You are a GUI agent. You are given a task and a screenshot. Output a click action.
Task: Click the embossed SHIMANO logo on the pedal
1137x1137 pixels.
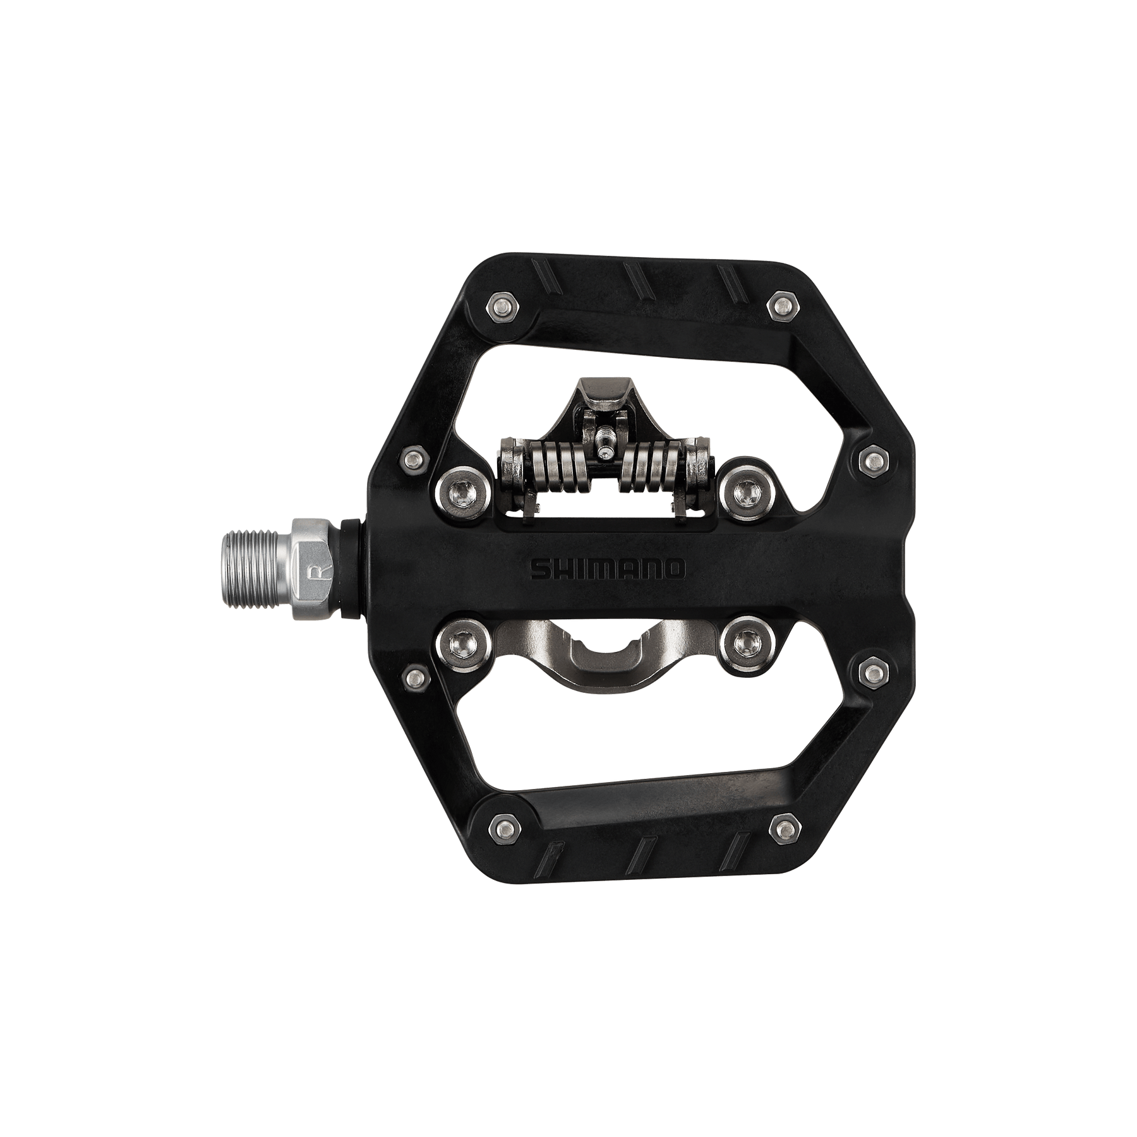click(607, 568)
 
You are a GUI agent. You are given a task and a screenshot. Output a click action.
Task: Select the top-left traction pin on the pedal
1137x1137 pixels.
click(503, 306)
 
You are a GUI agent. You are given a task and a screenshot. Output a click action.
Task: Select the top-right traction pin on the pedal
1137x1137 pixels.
click(783, 306)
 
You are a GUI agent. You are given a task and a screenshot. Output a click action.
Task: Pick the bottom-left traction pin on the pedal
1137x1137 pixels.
click(503, 825)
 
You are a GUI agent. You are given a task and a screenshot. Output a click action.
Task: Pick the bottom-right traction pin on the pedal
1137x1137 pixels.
click(783, 825)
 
